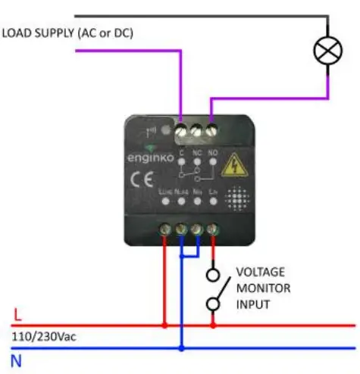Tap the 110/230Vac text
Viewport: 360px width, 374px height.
pyautogui.click(x=42, y=335)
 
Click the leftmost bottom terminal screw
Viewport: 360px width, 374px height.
pyautogui.click(x=165, y=228)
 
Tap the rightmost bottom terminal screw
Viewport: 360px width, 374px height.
pyautogui.click(x=213, y=228)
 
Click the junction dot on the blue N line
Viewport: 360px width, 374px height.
pyautogui.click(x=181, y=349)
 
